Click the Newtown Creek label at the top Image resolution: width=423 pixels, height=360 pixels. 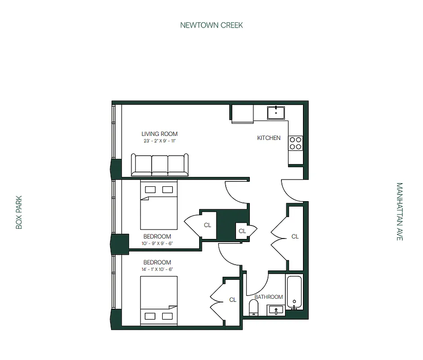(x=211, y=25)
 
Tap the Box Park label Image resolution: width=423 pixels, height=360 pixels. (x=19, y=212)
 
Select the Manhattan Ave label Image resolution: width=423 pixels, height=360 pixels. (x=399, y=211)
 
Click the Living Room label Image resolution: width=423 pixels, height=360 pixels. (x=159, y=134)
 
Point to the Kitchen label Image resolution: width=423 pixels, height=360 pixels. (x=269, y=138)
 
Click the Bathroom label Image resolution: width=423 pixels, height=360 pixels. (x=268, y=297)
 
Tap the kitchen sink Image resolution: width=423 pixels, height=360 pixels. (x=276, y=112)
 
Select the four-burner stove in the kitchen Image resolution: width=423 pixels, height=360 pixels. (x=295, y=143)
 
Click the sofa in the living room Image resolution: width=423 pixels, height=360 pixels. (x=160, y=165)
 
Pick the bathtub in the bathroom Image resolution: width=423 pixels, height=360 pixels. (x=294, y=292)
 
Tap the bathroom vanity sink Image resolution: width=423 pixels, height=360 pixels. (x=276, y=310)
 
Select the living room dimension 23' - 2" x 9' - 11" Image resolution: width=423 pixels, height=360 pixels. (x=159, y=141)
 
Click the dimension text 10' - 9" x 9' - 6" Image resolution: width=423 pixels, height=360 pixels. (x=157, y=243)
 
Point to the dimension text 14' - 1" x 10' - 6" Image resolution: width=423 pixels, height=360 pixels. (x=157, y=269)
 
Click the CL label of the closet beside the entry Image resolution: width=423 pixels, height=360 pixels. (x=295, y=236)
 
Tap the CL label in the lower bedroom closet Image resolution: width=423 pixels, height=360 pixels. (x=232, y=300)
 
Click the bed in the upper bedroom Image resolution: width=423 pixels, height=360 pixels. (x=159, y=205)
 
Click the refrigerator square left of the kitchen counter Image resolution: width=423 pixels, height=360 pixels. (x=242, y=114)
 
